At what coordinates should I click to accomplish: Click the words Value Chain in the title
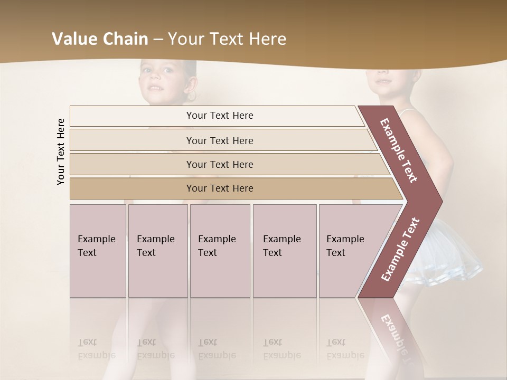100,39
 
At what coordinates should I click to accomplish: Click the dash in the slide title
157,40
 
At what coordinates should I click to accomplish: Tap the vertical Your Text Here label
61,152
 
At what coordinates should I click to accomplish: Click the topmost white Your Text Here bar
219,116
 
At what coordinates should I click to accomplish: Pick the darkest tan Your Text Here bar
219,188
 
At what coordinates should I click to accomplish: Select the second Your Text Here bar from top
219,140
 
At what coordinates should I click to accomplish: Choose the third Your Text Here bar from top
219,164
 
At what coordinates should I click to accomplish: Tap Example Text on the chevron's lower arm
400,250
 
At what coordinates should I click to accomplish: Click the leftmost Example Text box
98,251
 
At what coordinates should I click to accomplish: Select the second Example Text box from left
157,251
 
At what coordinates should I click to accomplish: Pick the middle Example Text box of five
220,251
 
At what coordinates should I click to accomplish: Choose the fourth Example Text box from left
284,251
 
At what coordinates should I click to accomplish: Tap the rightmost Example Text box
349,251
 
